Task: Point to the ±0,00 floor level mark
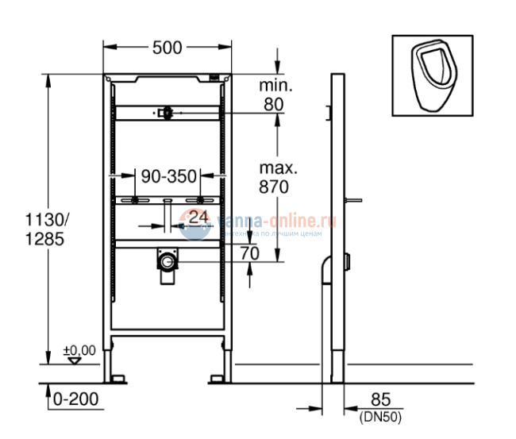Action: pyautogui.click(x=79, y=349)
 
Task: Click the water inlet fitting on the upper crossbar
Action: pyautogui.click(x=166, y=114)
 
